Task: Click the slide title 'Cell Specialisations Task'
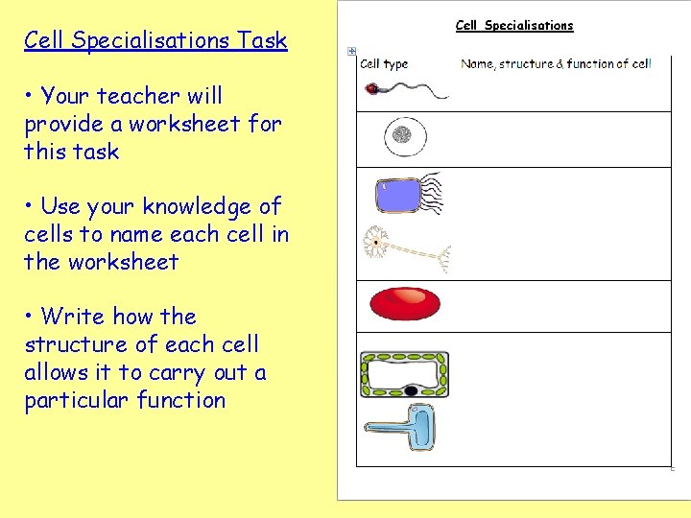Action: [x=155, y=40]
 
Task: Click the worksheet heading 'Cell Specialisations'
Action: [x=513, y=26]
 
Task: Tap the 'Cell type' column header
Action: [x=384, y=64]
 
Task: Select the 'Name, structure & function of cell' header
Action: [x=556, y=64]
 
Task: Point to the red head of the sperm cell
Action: [x=371, y=88]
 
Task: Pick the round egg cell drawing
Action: [x=404, y=137]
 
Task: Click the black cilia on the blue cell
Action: [x=432, y=192]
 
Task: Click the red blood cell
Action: [x=405, y=304]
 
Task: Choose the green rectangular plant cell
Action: [x=404, y=374]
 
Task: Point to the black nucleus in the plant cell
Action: [x=411, y=390]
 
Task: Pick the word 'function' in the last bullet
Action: [x=178, y=400]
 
